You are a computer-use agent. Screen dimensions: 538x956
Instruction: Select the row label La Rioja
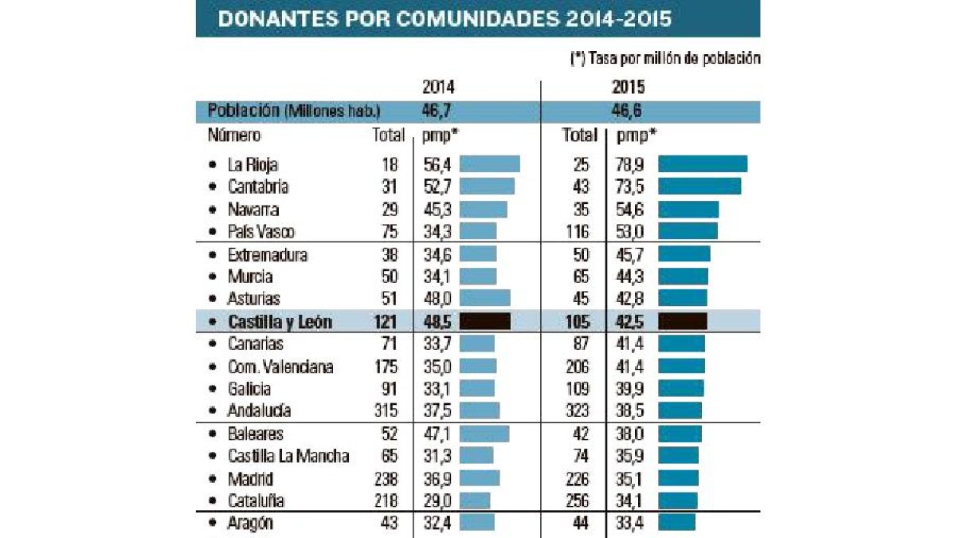253,165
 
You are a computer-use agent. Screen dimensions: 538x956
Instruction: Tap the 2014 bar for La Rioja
489,164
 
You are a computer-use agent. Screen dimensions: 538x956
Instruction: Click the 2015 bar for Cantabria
699,187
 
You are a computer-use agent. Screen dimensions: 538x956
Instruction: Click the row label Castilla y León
280,322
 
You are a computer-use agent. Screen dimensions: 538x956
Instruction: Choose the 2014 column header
438,88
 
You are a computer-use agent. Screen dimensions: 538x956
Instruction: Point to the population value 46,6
629,111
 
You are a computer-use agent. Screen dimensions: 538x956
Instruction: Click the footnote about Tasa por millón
664,58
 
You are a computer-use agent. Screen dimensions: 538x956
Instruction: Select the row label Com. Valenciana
280,367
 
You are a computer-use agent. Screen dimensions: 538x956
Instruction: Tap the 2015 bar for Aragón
676,523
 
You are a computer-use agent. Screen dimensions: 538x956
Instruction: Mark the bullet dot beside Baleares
212,434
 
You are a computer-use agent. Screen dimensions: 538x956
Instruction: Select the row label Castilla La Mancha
288,457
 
